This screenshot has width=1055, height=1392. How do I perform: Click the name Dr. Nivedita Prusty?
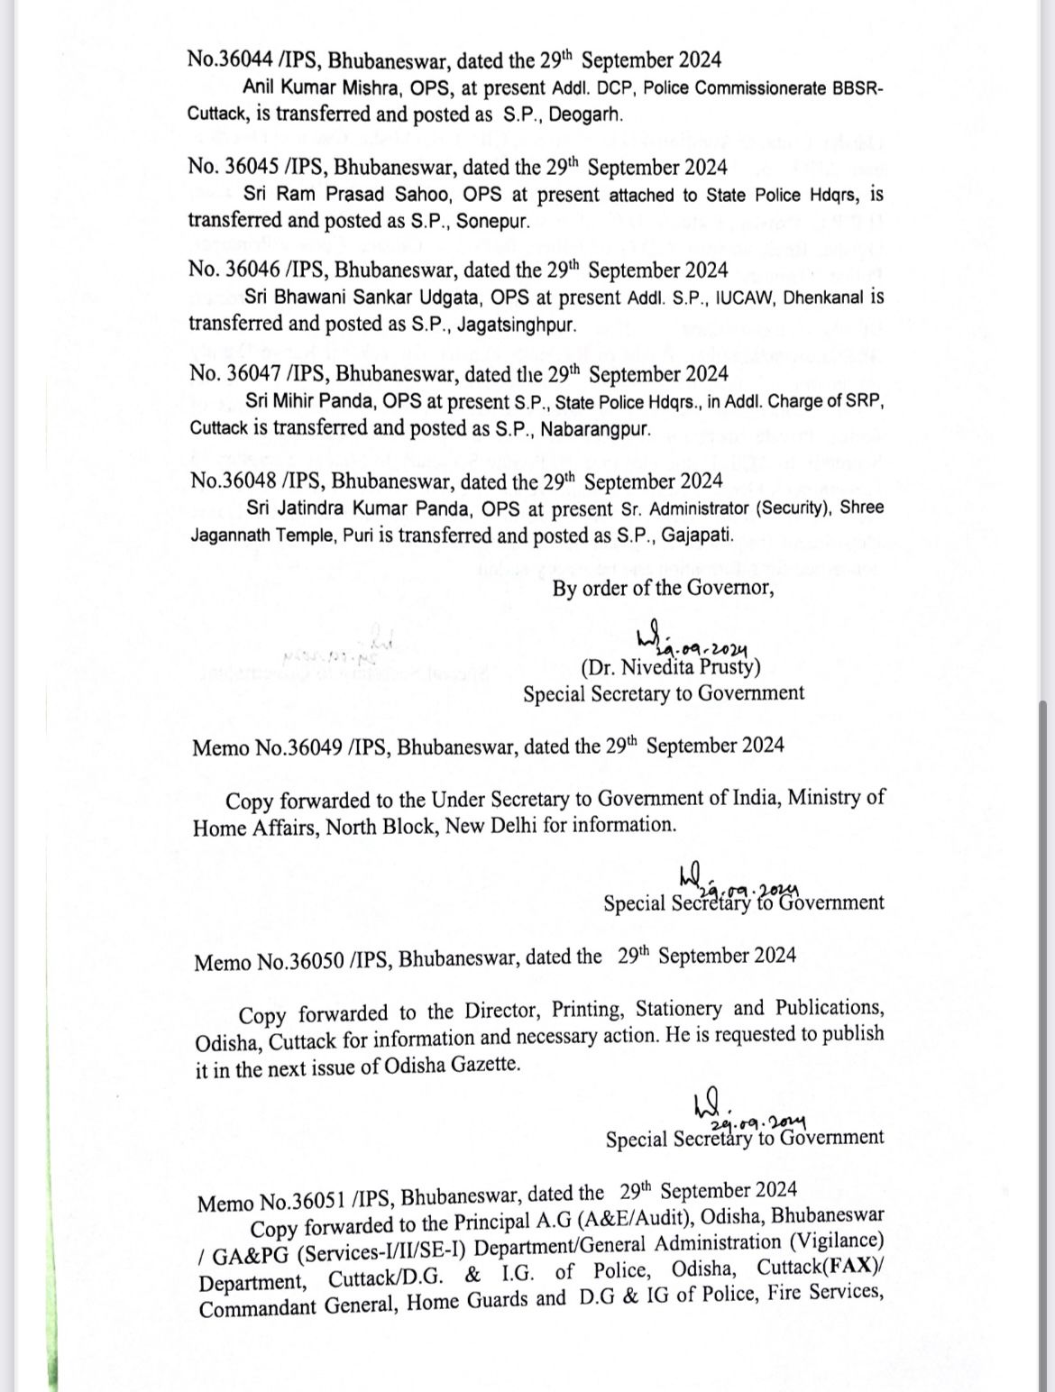coord(671,668)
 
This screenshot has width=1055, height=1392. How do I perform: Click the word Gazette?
coord(485,1064)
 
